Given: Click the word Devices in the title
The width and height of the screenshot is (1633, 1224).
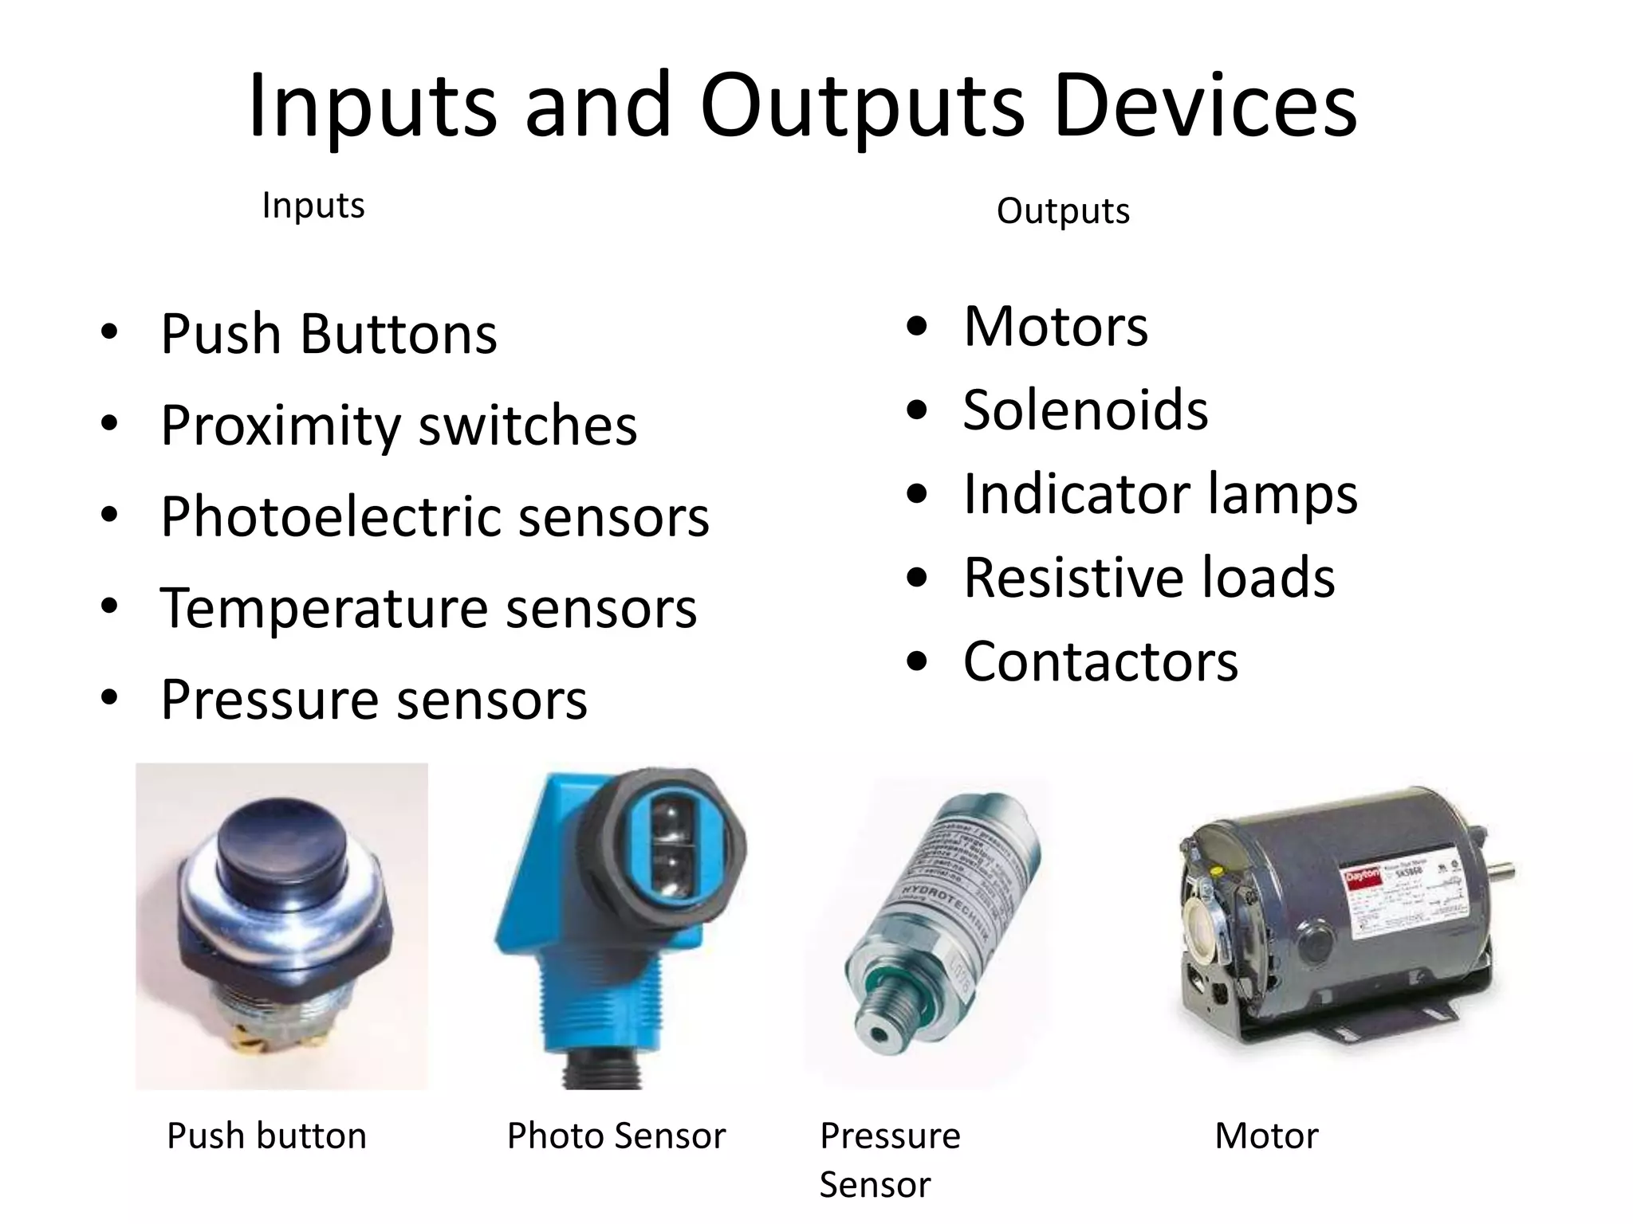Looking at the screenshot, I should [1205, 105].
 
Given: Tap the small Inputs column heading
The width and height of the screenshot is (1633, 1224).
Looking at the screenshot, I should [313, 206].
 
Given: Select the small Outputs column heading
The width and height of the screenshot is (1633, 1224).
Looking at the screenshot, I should [1063, 211].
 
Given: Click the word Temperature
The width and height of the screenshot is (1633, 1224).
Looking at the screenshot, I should [324, 608].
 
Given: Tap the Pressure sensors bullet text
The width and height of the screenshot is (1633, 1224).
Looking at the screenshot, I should [374, 700].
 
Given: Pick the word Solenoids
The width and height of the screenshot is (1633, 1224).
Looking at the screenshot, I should [1085, 410].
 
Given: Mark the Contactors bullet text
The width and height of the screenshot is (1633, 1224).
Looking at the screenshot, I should [1100, 661].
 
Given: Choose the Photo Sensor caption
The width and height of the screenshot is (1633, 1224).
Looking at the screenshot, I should [616, 1136].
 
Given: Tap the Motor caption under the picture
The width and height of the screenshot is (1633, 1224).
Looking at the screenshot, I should [1266, 1136].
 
